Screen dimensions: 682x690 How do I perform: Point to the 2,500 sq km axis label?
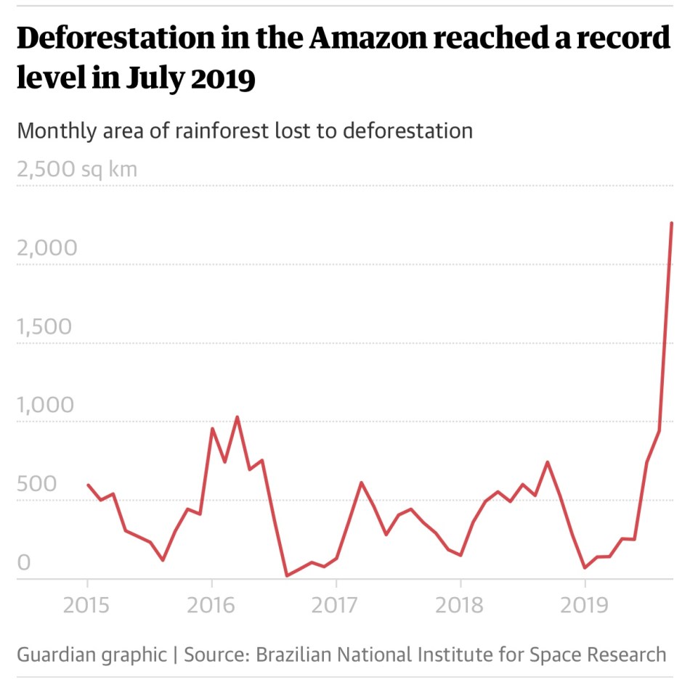point(76,170)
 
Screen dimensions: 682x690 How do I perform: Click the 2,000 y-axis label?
point(46,248)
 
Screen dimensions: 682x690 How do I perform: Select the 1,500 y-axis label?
point(44,326)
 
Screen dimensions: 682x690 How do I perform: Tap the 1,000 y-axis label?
point(45,405)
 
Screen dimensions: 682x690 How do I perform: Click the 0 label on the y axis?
point(24,562)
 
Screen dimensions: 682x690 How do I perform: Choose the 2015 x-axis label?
point(88,604)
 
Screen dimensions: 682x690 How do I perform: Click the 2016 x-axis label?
point(211,604)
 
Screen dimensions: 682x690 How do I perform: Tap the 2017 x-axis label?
point(336,604)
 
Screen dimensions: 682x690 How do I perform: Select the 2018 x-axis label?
point(460,604)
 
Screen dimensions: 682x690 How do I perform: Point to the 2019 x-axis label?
point(585,604)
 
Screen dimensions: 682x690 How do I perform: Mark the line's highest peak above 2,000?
point(671,223)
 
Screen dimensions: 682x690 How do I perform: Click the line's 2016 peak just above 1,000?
point(237,417)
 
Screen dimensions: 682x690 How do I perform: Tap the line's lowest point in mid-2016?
point(287,575)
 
